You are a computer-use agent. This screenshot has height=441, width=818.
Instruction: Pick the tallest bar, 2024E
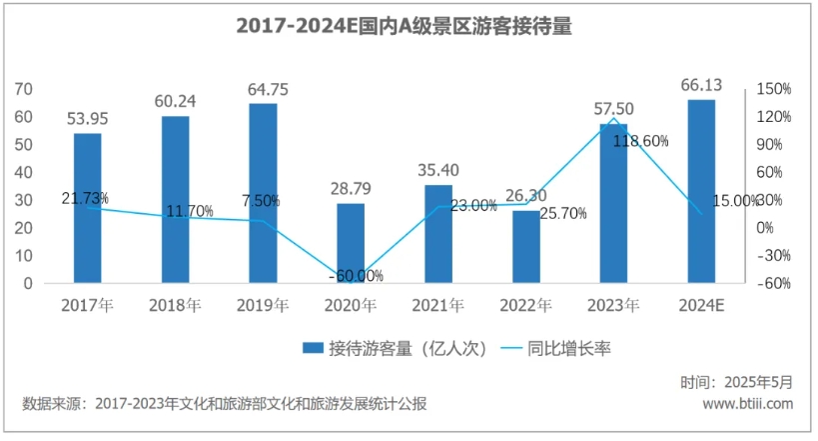coord(701,191)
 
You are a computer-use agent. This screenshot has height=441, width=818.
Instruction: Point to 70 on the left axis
coord(24,89)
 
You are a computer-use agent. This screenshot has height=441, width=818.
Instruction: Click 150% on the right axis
coord(773,89)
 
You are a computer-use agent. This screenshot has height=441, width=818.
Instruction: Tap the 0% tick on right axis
coord(765,228)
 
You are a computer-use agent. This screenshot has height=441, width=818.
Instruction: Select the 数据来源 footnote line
coord(225,404)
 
